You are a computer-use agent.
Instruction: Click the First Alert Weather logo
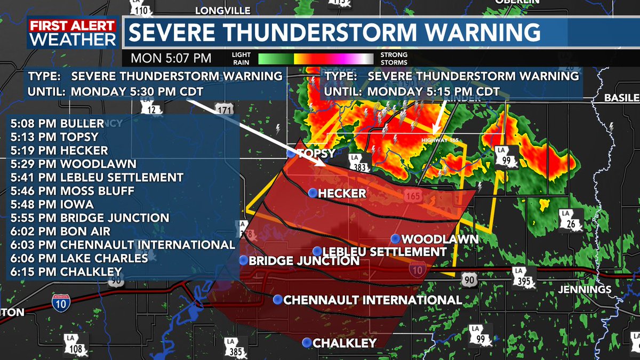73,33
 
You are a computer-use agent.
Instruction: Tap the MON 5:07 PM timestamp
171,58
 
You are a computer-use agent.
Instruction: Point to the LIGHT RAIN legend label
242,59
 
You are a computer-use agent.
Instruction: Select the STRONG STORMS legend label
394,59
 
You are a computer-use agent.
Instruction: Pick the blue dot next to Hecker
312,193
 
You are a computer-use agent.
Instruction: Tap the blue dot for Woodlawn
395,238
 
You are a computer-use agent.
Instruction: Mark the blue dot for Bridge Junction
243,260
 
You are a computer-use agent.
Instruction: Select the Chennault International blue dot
277,300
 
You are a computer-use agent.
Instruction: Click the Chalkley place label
345,343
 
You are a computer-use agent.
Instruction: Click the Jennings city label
585,290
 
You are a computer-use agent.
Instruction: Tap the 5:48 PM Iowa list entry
52,204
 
